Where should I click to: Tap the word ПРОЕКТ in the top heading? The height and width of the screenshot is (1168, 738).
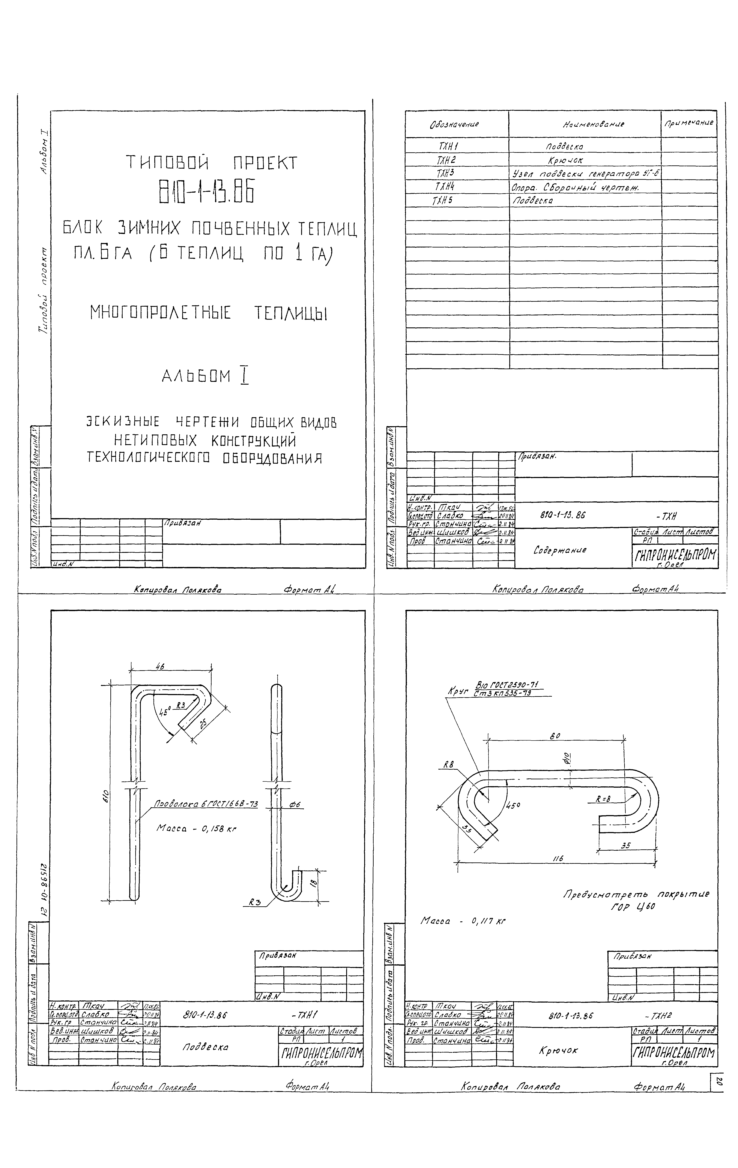(265, 163)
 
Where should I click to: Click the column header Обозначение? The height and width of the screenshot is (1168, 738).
(454, 124)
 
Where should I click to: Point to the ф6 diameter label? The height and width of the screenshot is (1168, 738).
(295, 805)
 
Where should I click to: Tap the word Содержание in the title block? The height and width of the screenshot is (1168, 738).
(559, 550)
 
